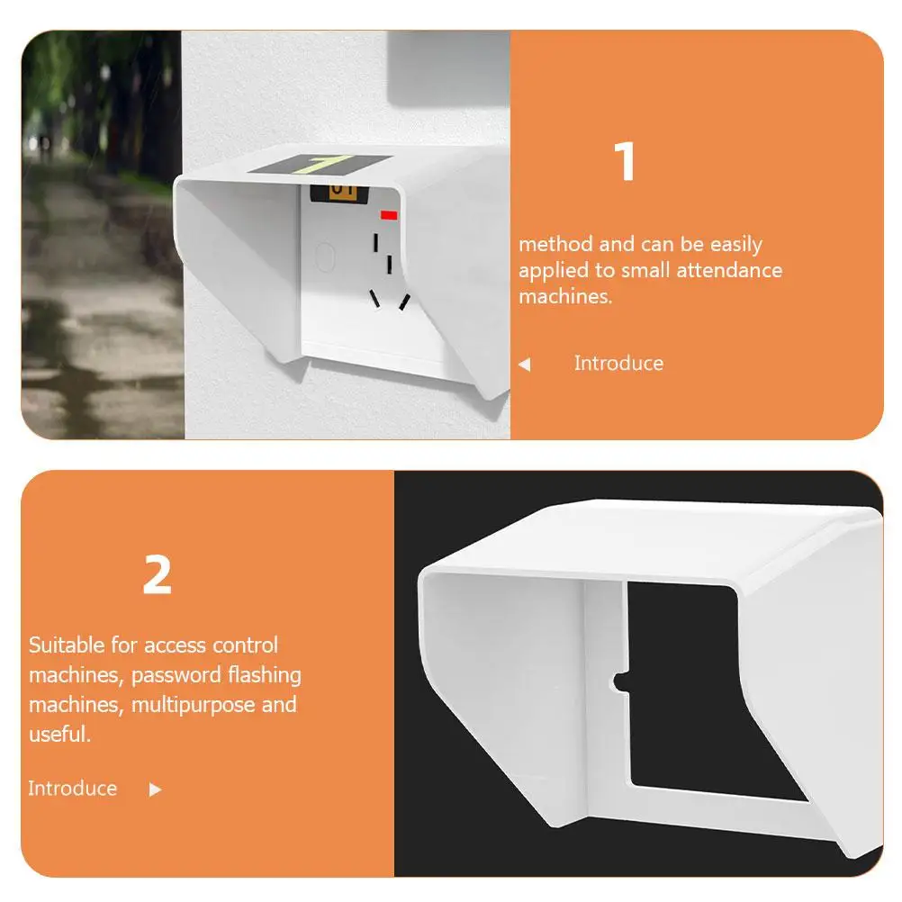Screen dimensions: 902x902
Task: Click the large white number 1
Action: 625,163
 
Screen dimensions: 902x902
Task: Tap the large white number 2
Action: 157,575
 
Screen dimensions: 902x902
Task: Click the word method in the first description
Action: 555,244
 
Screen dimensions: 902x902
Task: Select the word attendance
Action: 729,270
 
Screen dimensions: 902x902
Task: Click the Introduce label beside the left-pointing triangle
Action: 618,364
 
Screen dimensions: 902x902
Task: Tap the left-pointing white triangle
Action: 525,365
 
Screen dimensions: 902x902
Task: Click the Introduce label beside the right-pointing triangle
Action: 72,789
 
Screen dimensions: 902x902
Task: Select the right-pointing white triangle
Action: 155,789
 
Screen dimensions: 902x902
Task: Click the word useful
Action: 59,734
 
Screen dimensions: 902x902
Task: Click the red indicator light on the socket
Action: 389,216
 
